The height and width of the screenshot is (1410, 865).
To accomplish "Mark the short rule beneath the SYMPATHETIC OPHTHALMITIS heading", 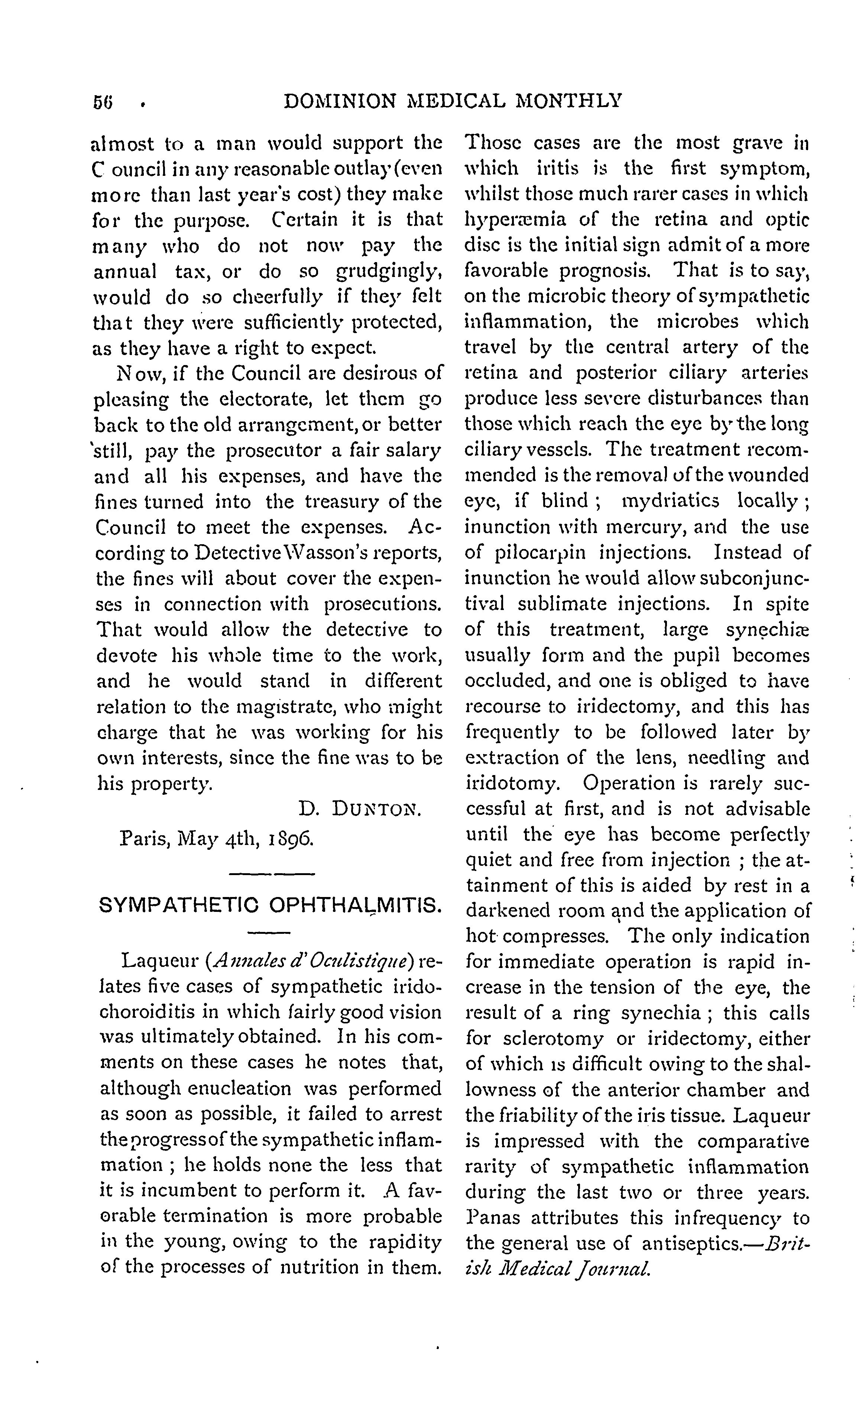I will coord(269,934).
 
